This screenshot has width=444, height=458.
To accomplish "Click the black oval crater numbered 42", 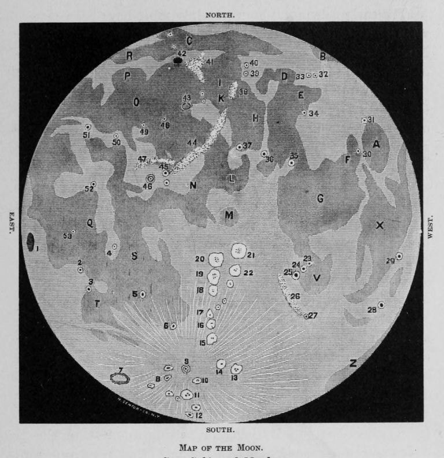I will click(x=179, y=60).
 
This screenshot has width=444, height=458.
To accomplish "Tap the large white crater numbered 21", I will click(x=238, y=251).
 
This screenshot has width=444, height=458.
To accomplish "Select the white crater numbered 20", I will click(x=216, y=260).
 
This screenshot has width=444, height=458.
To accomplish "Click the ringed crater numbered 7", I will click(x=120, y=379).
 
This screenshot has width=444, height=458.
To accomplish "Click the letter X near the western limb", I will click(x=379, y=226).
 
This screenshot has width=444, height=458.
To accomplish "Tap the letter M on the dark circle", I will click(x=229, y=216).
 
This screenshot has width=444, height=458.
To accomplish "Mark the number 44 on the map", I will click(x=192, y=143).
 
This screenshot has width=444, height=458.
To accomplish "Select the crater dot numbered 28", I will click(x=381, y=305).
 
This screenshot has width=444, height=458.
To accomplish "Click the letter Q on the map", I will click(x=90, y=224).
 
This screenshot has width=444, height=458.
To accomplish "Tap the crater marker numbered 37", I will click(x=239, y=147).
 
